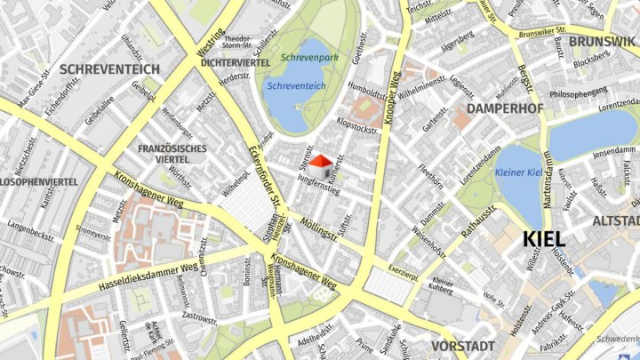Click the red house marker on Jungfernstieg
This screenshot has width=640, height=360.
click(x=325, y=164)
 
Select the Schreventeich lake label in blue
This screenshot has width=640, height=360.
click(x=296, y=85)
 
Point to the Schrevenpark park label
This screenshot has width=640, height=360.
click(x=309, y=57)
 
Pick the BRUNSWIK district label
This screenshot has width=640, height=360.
click(x=603, y=42)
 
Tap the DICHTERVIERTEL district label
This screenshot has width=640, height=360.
click(x=236, y=63)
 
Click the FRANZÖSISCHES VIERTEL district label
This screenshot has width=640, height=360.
click(x=172, y=154)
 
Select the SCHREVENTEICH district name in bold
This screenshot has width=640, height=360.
click(x=110, y=68)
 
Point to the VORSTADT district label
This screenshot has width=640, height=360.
click(x=462, y=346)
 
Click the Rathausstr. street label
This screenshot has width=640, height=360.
click(x=479, y=220)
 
